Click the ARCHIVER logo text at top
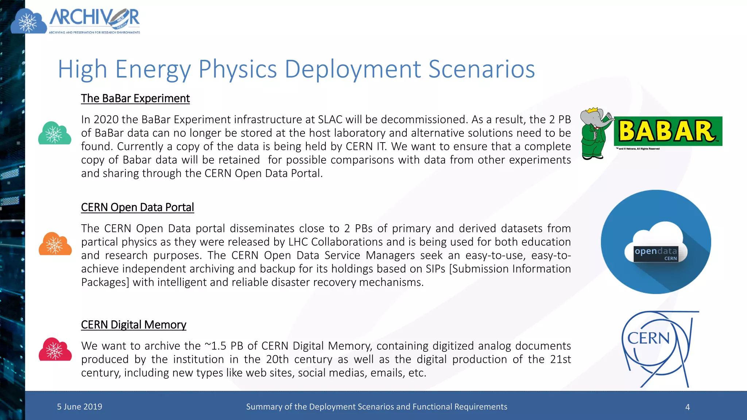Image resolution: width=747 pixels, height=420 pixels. pos(94,18)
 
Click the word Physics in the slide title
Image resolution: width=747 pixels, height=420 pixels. pos(237,69)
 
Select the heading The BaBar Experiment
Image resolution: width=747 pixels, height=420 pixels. pos(135,98)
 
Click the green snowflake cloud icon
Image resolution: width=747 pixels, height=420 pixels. pos(55,133)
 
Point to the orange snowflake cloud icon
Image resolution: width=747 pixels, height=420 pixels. pos(55,244)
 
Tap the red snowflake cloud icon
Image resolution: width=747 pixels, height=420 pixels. pos(55,350)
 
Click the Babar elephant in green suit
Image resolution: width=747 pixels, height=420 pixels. pos(595,134)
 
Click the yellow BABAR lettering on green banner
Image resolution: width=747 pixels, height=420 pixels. pos(667,131)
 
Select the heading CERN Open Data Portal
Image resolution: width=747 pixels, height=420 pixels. pos(137,207)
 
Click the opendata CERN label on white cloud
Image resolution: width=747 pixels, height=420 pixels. pos(655,254)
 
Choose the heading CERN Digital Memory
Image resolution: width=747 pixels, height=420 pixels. pos(133,325)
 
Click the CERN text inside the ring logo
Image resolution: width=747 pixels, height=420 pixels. pos(648,338)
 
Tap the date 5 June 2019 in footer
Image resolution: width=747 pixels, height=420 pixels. pos(80,407)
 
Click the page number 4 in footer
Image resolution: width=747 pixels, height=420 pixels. pos(688,407)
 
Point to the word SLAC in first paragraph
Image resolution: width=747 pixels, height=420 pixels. pos(330,120)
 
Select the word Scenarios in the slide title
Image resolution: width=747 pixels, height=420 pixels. pos(481,69)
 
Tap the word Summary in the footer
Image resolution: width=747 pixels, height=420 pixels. pos(262,407)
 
